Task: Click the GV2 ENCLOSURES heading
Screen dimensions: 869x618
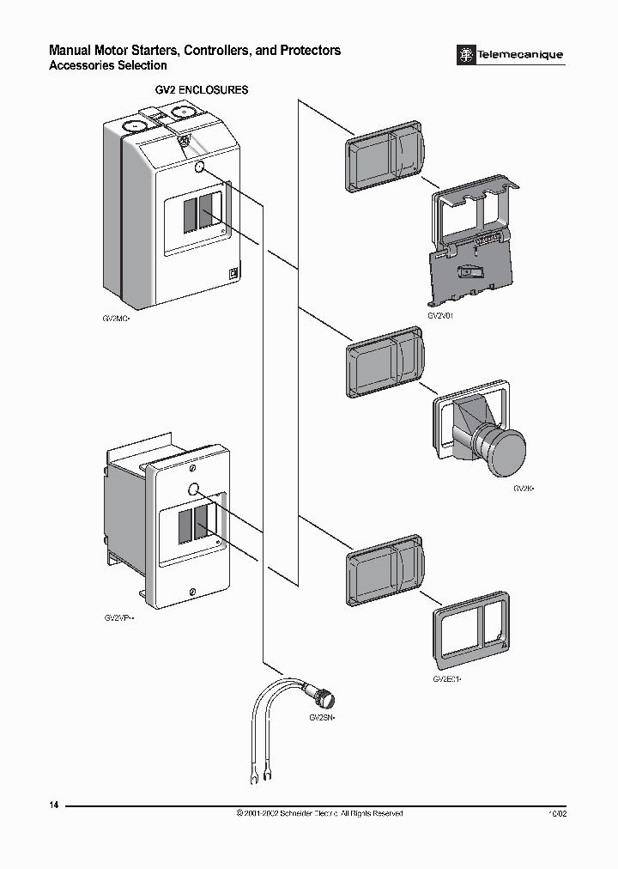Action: tap(201, 89)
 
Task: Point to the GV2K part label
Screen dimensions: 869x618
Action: tap(524, 489)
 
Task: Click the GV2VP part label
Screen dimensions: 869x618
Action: tap(119, 617)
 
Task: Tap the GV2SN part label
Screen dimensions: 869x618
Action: tap(321, 715)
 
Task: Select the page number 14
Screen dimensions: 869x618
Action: tap(55, 805)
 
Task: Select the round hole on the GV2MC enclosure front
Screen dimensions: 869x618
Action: tap(200, 168)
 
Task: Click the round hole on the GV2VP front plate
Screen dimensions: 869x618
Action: tap(193, 490)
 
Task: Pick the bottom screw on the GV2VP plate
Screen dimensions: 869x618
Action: tap(192, 591)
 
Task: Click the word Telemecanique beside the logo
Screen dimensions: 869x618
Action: tap(521, 55)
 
